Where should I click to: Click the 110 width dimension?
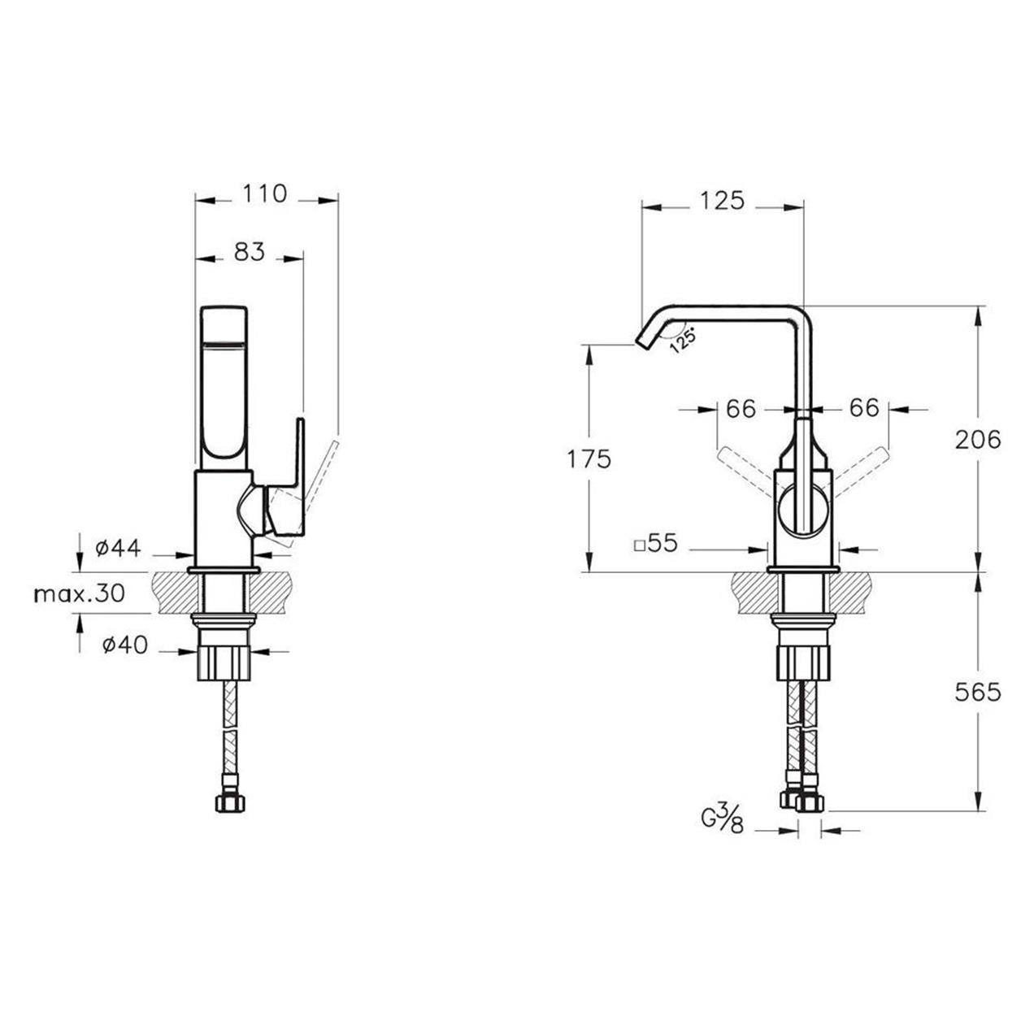tap(264, 193)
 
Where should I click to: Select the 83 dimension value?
tap(250, 252)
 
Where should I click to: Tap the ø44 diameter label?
tap(118, 548)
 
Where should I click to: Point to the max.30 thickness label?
tap(80, 593)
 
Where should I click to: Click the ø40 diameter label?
tap(125, 645)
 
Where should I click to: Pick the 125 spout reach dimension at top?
tap(722, 200)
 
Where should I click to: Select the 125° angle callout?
tap(683, 340)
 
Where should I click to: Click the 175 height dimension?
tap(589, 459)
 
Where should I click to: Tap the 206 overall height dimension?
tap(978, 440)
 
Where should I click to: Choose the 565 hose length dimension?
tap(978, 693)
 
